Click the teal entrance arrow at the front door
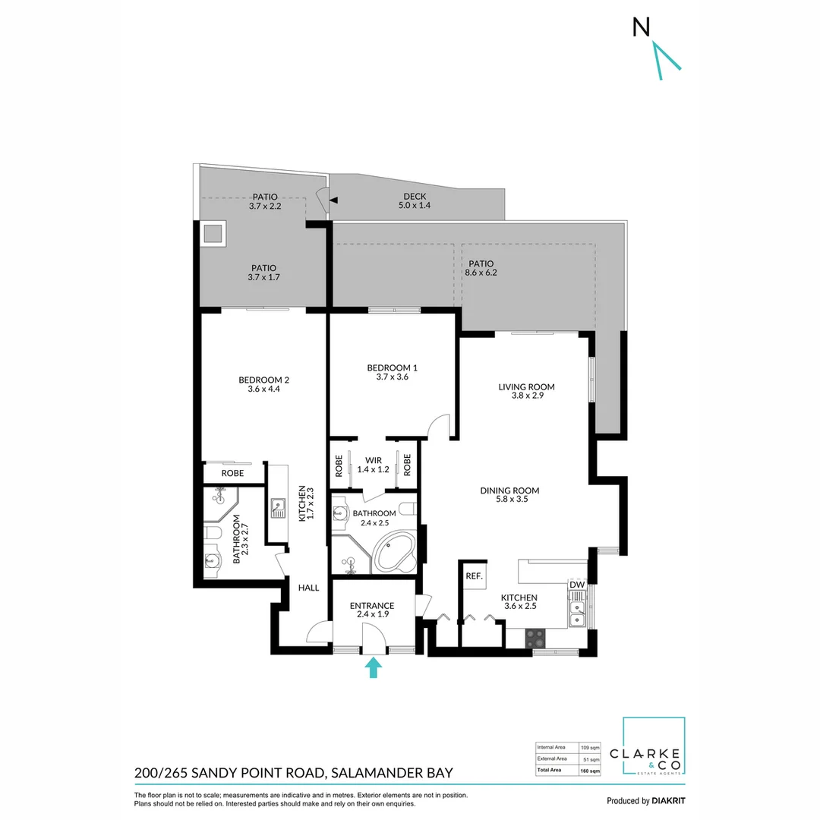coord(373,668)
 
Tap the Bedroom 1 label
coord(393,367)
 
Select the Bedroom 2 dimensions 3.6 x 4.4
coord(263,389)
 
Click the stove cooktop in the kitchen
coord(535,638)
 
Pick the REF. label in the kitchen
coord(474,576)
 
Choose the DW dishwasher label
coord(577,585)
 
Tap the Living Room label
coord(526,387)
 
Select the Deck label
coord(415,197)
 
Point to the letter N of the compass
coord(641,27)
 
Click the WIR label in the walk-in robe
coord(374,460)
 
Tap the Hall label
coord(308,588)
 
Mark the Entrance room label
coord(372,606)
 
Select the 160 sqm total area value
coord(590,771)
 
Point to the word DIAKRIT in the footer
coord(668,801)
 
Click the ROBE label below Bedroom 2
coord(232,473)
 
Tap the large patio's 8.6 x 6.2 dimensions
coord(481,273)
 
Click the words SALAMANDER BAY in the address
coord(392,772)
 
